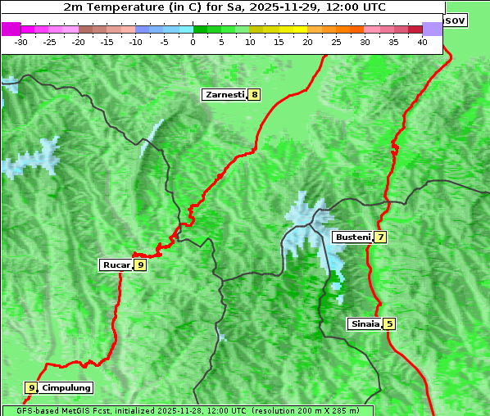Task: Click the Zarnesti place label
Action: click(x=225, y=95)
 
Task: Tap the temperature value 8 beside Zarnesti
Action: click(x=255, y=95)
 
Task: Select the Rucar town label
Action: click(x=116, y=265)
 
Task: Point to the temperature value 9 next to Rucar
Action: click(x=140, y=265)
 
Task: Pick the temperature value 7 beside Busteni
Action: click(x=380, y=237)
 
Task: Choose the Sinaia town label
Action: click(x=365, y=323)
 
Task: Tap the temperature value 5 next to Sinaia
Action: click(x=389, y=323)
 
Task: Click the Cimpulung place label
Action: click(x=66, y=387)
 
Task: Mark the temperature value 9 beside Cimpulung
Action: click(x=31, y=387)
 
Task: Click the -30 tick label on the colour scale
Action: click(x=21, y=41)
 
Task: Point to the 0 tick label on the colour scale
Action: click(x=193, y=41)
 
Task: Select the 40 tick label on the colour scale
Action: click(x=422, y=41)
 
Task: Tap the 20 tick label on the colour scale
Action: click(x=307, y=41)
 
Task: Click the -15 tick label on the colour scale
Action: click(x=107, y=41)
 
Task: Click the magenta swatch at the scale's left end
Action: click(x=11, y=29)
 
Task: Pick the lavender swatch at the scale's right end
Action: click(x=433, y=29)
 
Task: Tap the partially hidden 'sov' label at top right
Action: click(x=455, y=20)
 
